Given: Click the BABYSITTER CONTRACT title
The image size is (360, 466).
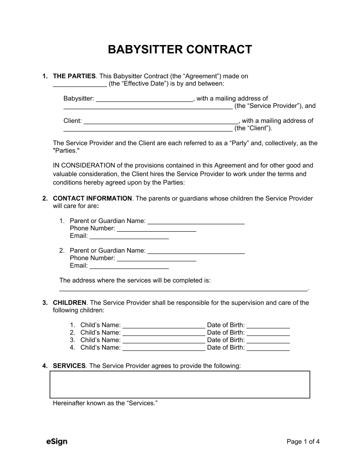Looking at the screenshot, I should (x=180, y=50).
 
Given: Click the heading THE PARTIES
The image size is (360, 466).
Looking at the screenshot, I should (x=74, y=76).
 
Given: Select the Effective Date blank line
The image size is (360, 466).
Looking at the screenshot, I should (x=80, y=84).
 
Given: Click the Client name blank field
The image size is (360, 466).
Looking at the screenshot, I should (x=161, y=121).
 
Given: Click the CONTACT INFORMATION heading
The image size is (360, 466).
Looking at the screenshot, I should (x=92, y=198).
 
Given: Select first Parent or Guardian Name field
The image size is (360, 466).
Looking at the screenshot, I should (x=196, y=221).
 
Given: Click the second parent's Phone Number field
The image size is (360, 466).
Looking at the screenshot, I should (x=156, y=258).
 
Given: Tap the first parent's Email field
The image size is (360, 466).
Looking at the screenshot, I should (x=129, y=236).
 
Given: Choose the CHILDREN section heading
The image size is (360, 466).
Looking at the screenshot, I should (x=70, y=303).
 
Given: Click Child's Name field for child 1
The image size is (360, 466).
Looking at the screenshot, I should (x=164, y=325).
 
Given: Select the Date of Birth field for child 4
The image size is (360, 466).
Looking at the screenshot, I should (x=268, y=348).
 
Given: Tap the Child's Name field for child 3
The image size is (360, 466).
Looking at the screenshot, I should (x=164, y=340).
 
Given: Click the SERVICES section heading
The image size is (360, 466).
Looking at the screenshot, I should (x=69, y=366).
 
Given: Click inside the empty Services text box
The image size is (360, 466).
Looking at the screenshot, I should (x=179, y=385).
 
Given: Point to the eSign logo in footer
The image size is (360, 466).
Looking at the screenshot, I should (x=57, y=441).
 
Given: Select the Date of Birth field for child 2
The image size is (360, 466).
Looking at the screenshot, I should (x=268, y=333).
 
